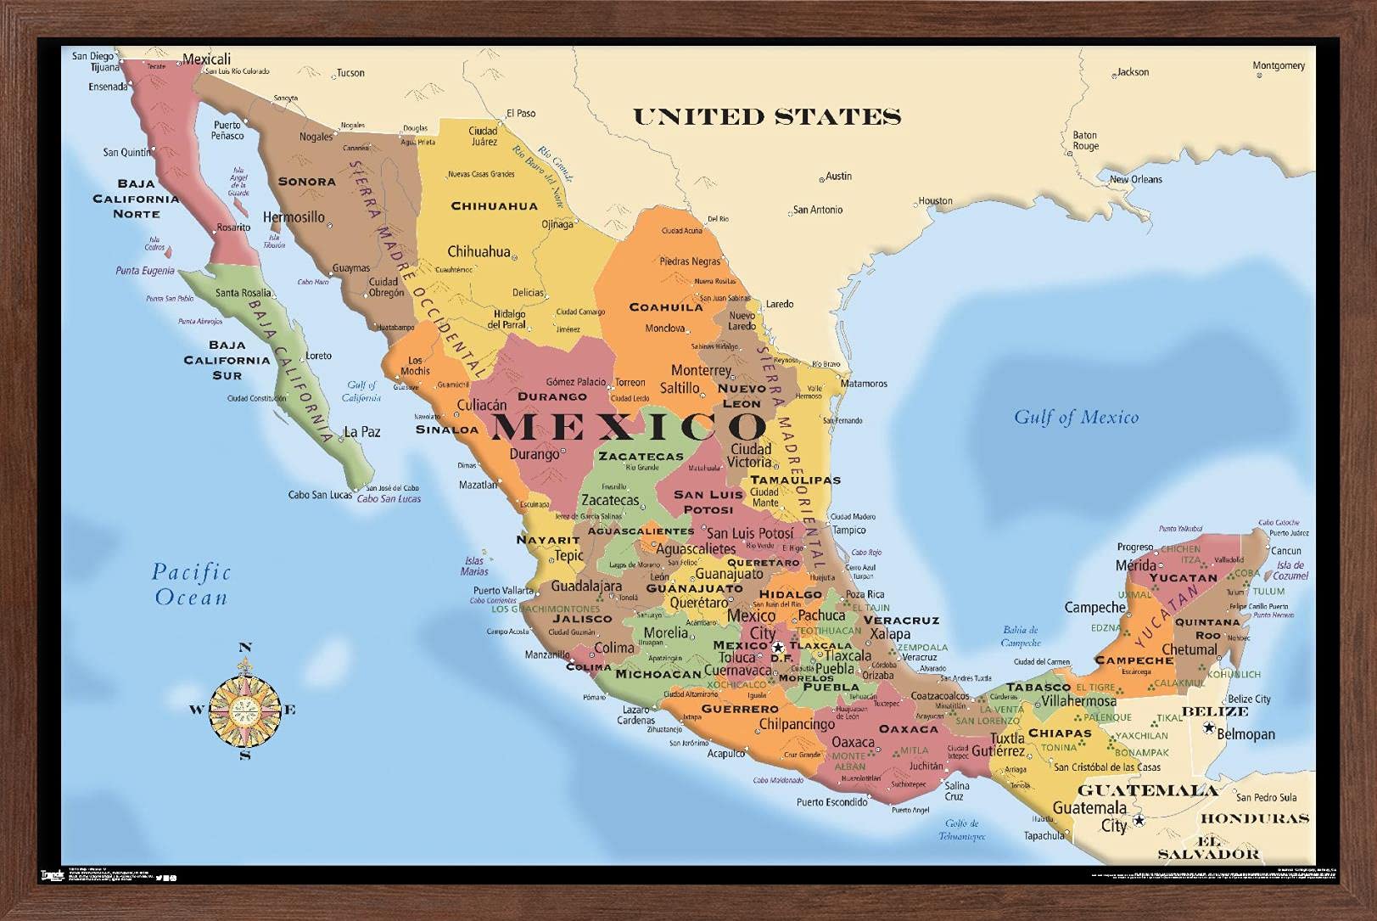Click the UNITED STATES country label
(x=767, y=116)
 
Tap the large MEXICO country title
(x=629, y=426)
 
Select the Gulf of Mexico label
(x=1076, y=417)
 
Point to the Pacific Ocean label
(x=191, y=584)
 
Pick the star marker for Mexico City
(x=778, y=649)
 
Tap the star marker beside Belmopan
(x=1208, y=727)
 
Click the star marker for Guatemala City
(x=1139, y=820)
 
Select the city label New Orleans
(x=1136, y=179)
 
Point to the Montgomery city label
(x=1279, y=65)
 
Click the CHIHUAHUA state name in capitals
(x=494, y=205)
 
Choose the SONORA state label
(x=307, y=181)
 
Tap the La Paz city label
(x=361, y=431)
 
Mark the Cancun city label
(x=1286, y=550)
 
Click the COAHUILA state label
(x=666, y=307)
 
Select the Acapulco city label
(x=725, y=753)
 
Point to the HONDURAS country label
(x=1255, y=818)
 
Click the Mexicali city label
(x=207, y=59)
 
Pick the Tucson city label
(x=350, y=73)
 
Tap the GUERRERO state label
(x=740, y=709)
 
